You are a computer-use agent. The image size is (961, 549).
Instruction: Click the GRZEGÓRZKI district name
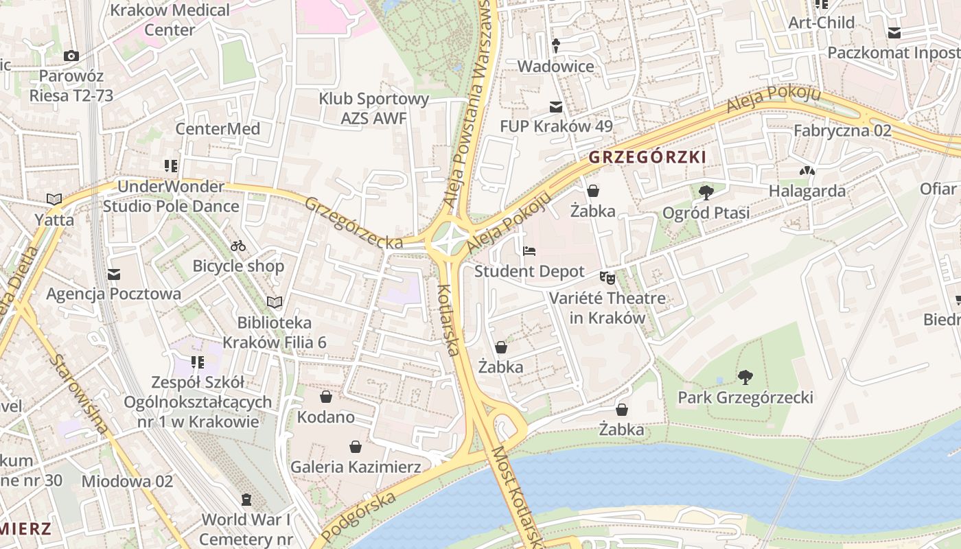pos(647,157)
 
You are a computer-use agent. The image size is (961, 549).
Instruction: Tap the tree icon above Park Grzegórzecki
pos(745,377)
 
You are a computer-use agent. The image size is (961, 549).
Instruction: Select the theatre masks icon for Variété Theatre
pos(607,277)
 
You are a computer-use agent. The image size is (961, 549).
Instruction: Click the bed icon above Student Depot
pos(529,250)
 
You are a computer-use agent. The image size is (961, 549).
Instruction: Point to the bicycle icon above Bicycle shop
pos(238,245)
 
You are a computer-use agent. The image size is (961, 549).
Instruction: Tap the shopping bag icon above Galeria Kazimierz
pos(356,447)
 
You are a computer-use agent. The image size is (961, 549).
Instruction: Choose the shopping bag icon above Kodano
pos(326,397)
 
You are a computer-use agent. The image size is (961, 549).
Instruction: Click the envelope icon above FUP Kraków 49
pos(556,106)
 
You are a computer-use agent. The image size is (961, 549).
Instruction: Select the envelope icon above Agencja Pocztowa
pos(114,274)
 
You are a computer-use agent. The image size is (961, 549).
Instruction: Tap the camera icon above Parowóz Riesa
pos(71,56)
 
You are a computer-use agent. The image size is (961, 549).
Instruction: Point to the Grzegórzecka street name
pos(354,224)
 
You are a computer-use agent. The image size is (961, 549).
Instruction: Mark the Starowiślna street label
pos(79,395)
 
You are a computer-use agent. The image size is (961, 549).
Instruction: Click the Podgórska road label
pos(359,515)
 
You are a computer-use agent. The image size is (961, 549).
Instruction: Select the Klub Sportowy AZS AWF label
pos(374,108)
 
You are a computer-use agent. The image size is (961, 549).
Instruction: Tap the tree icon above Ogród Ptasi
pos(706,192)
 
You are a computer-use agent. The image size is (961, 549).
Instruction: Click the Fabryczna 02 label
pos(842,130)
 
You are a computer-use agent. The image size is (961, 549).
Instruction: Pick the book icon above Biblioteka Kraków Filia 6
pos(275,302)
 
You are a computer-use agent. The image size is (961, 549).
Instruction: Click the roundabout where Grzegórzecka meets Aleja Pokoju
pos(450,240)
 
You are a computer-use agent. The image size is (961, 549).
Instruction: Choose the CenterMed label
pos(218,129)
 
